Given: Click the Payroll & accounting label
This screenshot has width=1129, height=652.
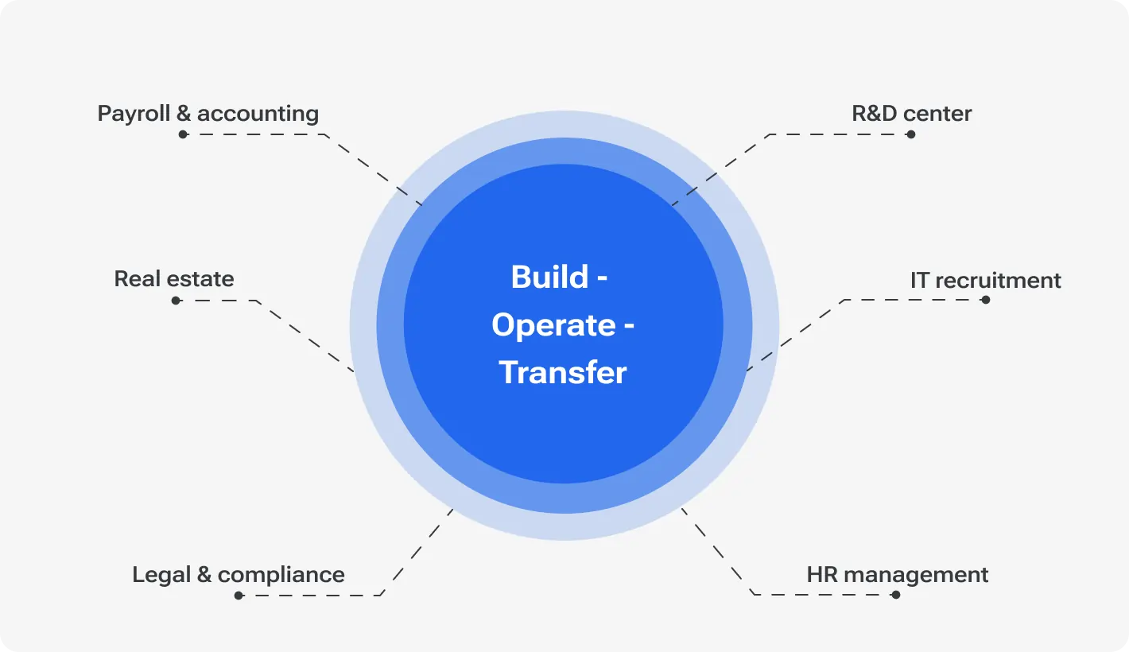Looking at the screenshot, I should click(208, 114).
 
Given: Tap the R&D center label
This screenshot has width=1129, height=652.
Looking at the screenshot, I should click(911, 114).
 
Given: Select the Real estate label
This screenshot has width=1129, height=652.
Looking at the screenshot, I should click(174, 279).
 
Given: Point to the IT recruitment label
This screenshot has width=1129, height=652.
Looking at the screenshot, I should click(985, 281).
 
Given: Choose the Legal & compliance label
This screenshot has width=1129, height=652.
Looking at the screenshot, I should click(239, 575).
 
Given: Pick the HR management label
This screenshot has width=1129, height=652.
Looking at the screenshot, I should click(897, 575).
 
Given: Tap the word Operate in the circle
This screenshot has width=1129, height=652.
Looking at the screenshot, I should click(553, 325).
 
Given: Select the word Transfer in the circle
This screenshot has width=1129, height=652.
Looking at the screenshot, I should click(563, 373).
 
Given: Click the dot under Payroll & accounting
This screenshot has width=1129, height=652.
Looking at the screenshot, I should click(183, 134).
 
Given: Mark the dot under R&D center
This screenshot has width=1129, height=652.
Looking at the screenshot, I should click(911, 134).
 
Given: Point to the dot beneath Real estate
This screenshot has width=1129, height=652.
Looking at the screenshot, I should click(176, 301).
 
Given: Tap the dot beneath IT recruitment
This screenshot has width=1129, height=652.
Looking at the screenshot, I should click(986, 300).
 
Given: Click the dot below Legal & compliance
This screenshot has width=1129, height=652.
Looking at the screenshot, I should click(239, 595).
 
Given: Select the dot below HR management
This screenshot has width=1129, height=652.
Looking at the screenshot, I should click(896, 595).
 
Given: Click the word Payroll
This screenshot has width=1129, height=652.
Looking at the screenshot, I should click(134, 114).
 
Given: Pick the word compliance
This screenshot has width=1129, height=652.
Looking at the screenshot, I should click(281, 575).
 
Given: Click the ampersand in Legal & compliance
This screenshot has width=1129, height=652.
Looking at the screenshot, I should click(204, 575).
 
